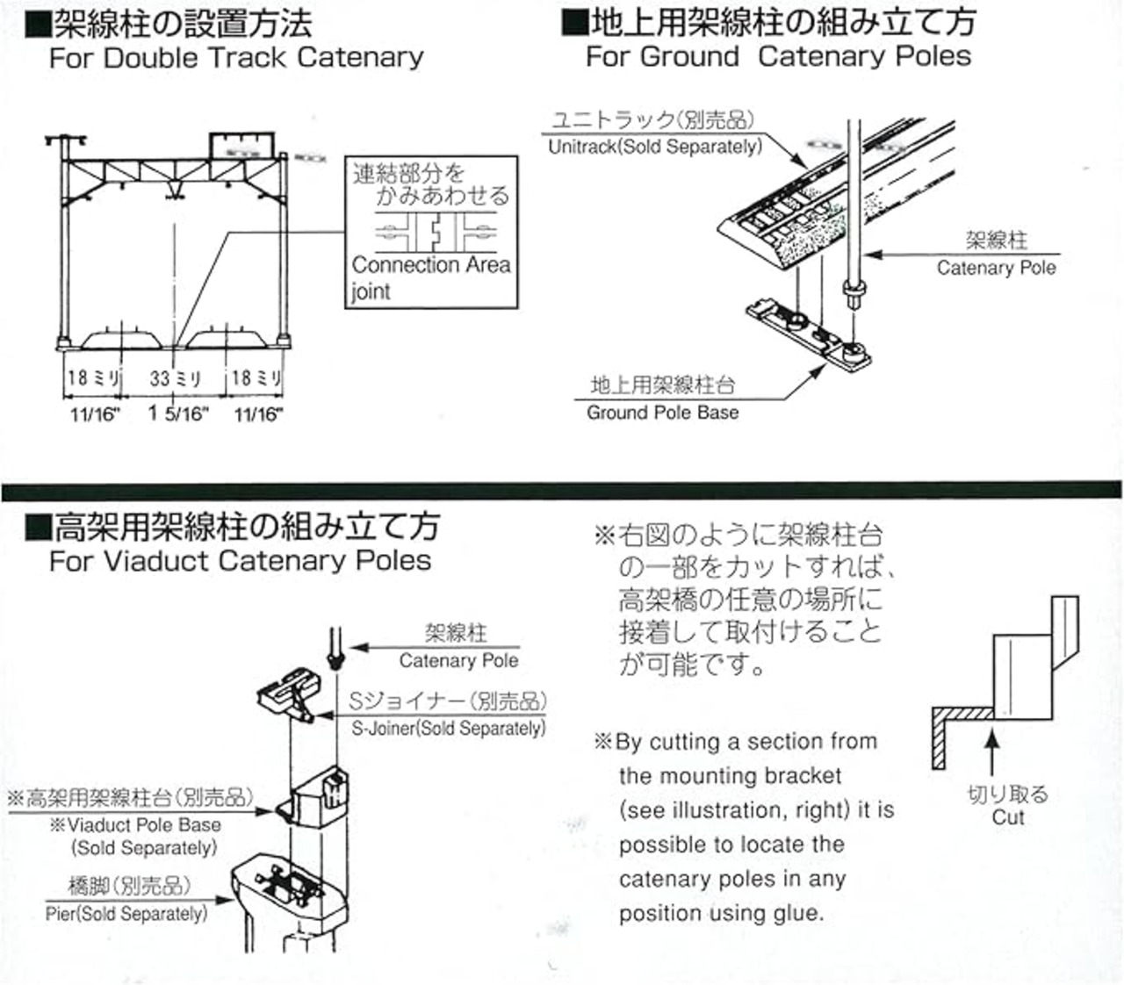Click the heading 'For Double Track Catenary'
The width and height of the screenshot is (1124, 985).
coord(236,58)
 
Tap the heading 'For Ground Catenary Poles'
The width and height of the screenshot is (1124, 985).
coord(778,56)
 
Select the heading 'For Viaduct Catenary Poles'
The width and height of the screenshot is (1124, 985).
coord(240,561)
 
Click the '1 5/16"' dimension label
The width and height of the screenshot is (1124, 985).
coord(178,413)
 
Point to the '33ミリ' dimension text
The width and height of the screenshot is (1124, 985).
coord(176,378)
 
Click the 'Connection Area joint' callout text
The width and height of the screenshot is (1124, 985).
coord(430,277)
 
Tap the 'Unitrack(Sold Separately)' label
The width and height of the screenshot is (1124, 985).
coord(655,147)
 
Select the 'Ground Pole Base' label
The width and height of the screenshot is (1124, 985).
coord(662,413)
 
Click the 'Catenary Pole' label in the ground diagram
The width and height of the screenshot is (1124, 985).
coord(996,268)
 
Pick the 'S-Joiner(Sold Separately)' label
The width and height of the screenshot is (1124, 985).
coord(448,728)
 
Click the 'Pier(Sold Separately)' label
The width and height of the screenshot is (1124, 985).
coord(126,914)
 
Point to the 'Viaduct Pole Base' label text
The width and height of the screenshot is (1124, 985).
coord(144,825)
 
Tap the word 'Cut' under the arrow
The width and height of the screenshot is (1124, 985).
coord(1008,817)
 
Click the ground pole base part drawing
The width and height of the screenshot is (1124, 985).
coord(807,337)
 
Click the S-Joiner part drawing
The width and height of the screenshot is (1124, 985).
coord(286,694)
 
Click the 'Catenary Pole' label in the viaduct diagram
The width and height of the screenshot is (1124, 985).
coord(458,660)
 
